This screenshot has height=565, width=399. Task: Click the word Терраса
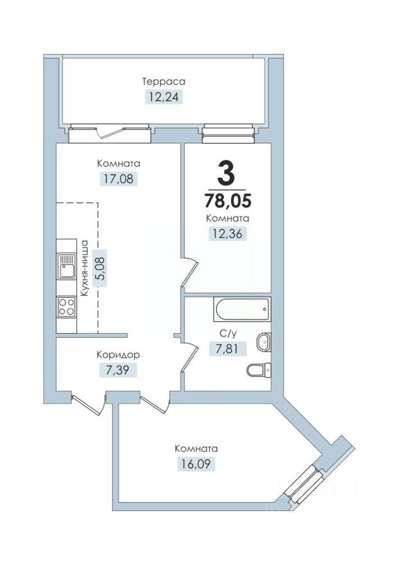tap(164, 82)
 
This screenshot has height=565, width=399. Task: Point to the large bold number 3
tap(226, 171)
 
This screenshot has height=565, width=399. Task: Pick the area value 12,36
tap(228, 234)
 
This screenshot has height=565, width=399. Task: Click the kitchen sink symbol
tap(66, 266)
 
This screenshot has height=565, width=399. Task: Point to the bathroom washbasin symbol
tap(263, 342)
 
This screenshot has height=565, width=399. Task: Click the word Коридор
tap(118, 354)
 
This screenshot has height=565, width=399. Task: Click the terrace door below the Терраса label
tap(110, 134)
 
